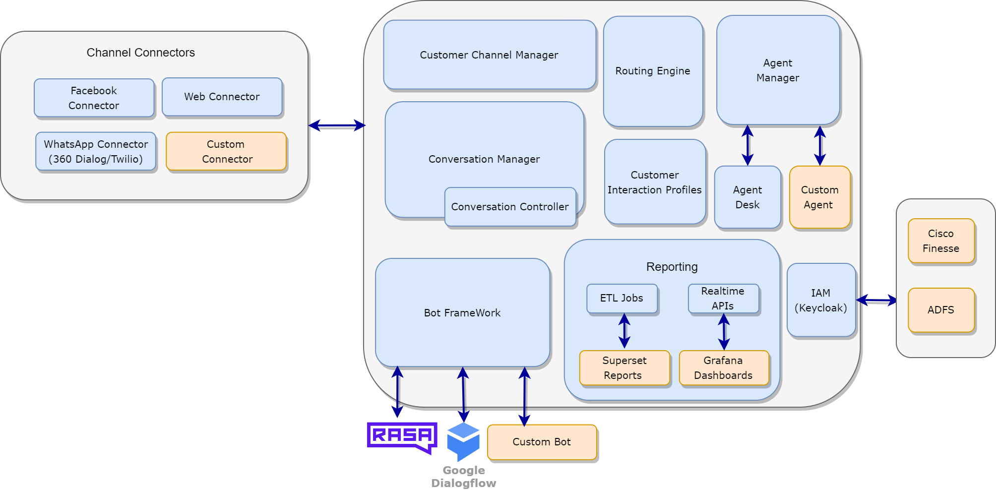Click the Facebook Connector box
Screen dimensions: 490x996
point(94,98)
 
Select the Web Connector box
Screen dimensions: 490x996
point(222,97)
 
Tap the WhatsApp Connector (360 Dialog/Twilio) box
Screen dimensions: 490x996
point(96,151)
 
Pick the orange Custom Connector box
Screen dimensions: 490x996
point(226,151)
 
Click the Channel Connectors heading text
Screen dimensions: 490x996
point(140,53)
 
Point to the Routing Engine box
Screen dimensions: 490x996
point(653,71)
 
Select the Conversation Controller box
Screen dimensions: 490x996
point(510,207)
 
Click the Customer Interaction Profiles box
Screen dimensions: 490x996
point(655,182)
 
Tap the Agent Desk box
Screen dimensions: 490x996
point(747,197)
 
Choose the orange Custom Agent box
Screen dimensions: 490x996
point(819,197)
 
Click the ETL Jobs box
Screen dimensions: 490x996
point(622,298)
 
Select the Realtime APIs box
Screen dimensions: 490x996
point(723,298)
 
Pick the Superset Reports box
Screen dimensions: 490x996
point(624,367)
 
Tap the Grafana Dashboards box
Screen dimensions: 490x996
point(723,367)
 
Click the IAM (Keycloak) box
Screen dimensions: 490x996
point(821,300)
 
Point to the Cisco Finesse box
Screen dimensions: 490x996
point(941,241)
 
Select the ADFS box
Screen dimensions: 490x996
point(941,310)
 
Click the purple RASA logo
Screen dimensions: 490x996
point(402,436)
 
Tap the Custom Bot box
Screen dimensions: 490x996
point(542,442)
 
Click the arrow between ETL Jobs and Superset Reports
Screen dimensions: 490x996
point(624,331)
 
